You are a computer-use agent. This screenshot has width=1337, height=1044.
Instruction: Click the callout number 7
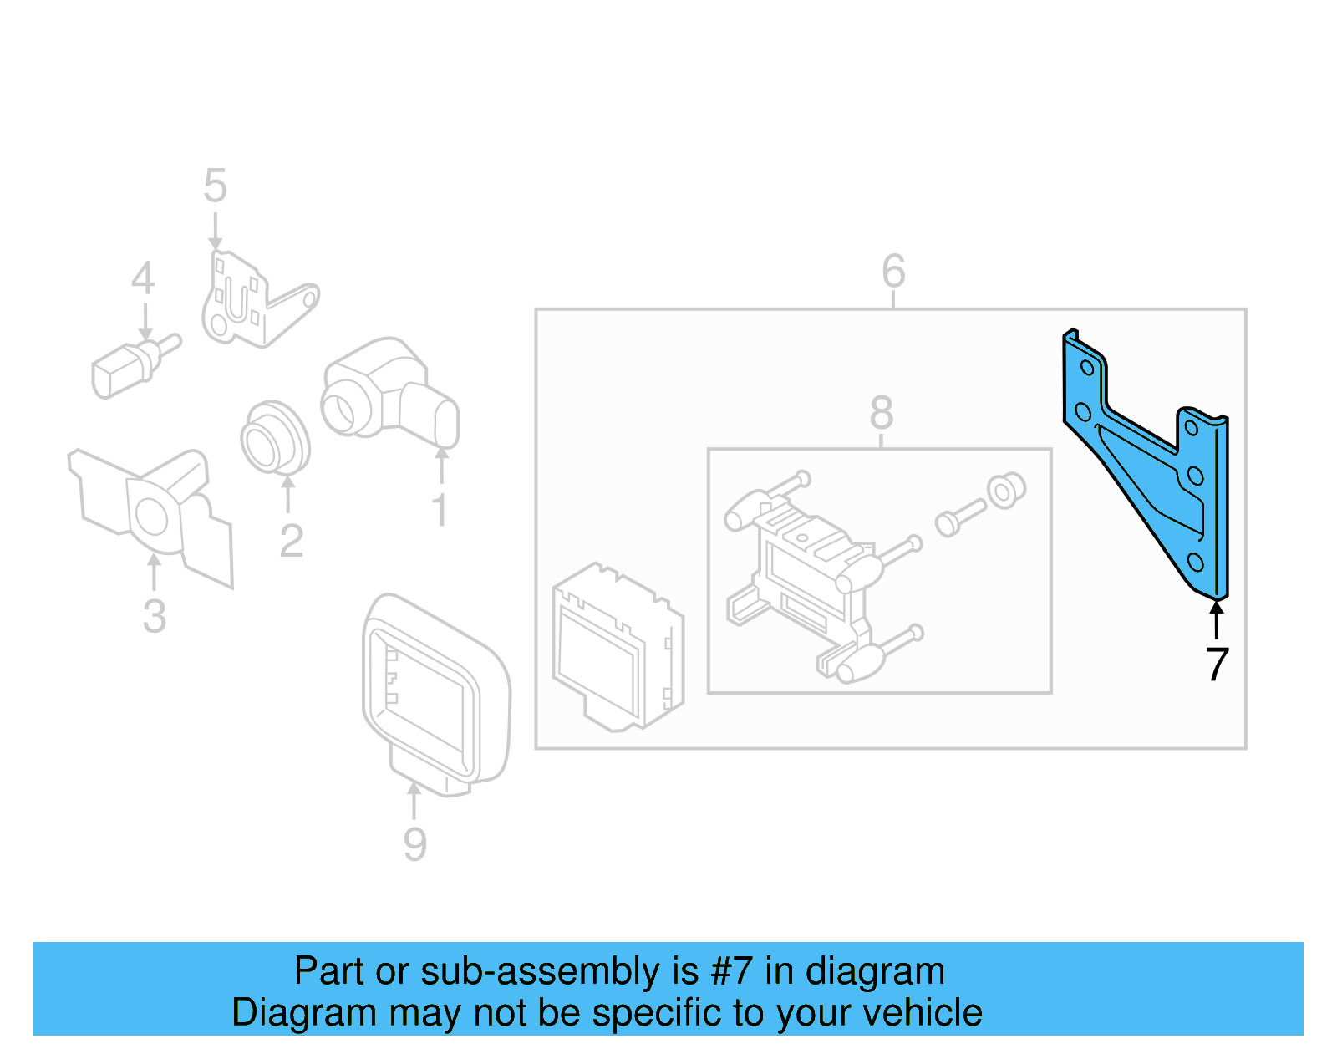click(x=1217, y=665)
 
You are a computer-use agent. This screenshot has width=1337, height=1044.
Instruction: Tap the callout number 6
click(x=893, y=271)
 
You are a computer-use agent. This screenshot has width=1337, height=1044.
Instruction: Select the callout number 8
click(x=881, y=412)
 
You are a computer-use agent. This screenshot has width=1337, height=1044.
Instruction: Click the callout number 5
click(x=215, y=186)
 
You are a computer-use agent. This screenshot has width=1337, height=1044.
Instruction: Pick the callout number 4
click(x=143, y=278)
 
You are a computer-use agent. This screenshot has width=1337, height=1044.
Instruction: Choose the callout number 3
click(x=154, y=616)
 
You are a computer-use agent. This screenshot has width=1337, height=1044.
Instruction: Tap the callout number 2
click(x=291, y=541)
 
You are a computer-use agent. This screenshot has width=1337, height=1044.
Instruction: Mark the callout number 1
click(x=440, y=509)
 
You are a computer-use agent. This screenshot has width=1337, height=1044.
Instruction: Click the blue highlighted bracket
click(x=1153, y=468)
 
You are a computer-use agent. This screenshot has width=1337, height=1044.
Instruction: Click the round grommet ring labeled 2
click(x=274, y=437)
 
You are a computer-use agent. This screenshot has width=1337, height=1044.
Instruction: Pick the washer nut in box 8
click(x=1005, y=491)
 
